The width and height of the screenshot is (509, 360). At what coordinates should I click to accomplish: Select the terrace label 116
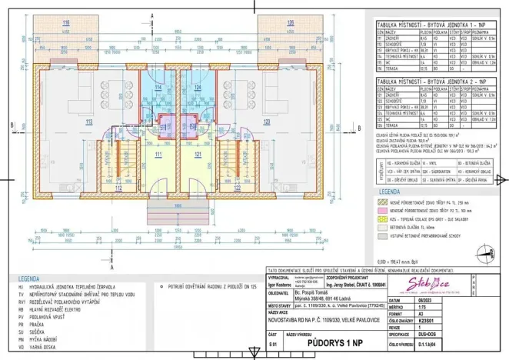(x=66, y=24)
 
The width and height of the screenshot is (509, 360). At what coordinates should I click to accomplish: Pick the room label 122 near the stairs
(x=238, y=187)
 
